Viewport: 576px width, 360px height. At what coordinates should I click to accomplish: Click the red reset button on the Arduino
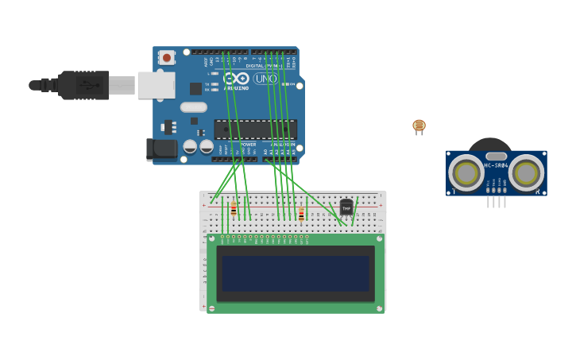[167, 57]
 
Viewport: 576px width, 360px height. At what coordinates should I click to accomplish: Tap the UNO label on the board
[265, 79]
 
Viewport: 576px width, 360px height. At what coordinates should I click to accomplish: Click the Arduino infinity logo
[236, 78]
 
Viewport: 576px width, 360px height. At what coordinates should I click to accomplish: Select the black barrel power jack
[162, 149]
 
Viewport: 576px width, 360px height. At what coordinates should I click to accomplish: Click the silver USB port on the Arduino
[157, 85]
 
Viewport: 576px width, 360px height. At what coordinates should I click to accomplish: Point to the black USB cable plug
[83, 85]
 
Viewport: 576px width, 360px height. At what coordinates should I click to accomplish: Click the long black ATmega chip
[255, 129]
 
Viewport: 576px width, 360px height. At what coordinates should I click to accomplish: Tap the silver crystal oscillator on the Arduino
[193, 107]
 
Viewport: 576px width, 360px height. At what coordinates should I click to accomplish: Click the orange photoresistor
[419, 126]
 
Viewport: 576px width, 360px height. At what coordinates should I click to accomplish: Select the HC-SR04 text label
[496, 166]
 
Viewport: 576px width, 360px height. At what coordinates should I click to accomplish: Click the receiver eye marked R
[526, 173]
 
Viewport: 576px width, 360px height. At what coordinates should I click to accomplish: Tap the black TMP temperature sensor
[346, 207]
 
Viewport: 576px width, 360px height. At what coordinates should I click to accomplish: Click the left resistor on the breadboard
[233, 210]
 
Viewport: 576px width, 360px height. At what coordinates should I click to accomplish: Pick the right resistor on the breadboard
[301, 213]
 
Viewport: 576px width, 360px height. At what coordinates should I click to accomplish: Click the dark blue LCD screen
[296, 273]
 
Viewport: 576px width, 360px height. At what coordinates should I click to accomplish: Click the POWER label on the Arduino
[249, 145]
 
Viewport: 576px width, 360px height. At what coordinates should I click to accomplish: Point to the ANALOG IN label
[283, 145]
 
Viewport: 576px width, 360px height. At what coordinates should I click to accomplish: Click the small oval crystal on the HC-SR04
[496, 156]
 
